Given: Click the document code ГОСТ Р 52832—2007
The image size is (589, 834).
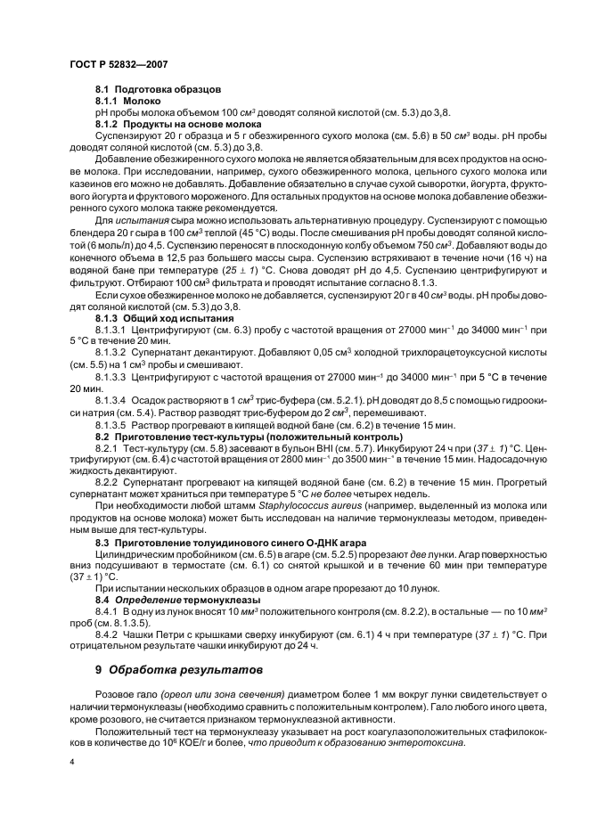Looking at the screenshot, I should [119, 66].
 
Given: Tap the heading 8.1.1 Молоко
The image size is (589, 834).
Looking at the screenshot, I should [128, 102].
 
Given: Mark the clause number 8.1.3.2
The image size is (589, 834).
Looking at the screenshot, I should [112, 364].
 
